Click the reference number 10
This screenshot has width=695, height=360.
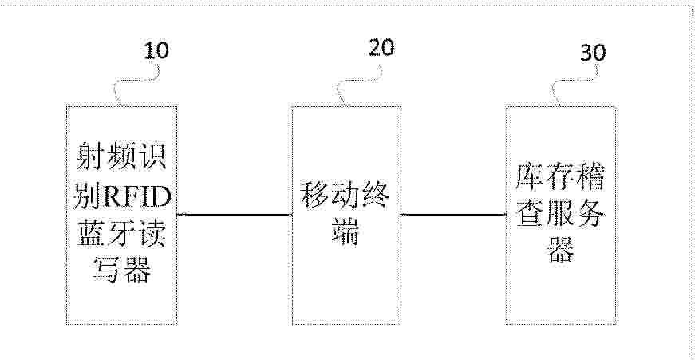(x=156, y=50)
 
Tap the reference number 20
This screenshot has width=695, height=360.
(x=381, y=47)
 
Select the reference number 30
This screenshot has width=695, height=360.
(x=593, y=53)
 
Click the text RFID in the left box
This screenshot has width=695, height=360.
(x=137, y=197)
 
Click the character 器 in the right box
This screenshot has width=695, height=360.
(x=560, y=250)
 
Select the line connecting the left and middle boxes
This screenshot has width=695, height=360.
(x=234, y=215)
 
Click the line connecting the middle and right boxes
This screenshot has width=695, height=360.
(x=453, y=215)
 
